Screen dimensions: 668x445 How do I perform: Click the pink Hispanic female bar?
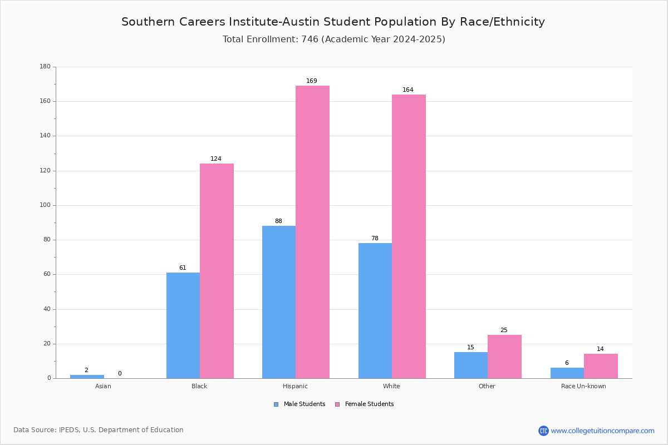(312, 232)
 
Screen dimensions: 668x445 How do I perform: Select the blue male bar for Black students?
(183, 325)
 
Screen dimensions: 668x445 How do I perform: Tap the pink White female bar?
(409, 236)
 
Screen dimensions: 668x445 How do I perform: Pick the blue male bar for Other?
(471, 365)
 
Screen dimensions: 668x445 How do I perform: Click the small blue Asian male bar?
(87, 377)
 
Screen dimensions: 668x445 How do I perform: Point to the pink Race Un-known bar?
(601, 366)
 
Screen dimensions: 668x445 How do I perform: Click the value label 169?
(312, 81)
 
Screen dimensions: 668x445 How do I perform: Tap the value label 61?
(183, 268)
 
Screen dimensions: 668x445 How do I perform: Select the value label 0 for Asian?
(120, 373)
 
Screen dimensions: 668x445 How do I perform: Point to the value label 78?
(375, 238)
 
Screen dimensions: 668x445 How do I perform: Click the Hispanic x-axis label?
(295, 386)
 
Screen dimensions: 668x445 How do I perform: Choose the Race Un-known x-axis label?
(583, 386)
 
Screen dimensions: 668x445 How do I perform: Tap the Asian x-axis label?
(103, 386)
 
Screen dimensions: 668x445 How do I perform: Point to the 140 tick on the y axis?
(45, 136)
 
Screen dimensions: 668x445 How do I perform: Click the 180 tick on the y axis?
(45, 66)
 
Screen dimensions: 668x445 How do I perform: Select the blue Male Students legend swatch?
(276, 404)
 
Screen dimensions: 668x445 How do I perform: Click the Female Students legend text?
(369, 404)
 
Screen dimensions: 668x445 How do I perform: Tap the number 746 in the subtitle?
(310, 39)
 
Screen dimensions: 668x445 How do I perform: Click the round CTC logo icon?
(543, 431)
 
